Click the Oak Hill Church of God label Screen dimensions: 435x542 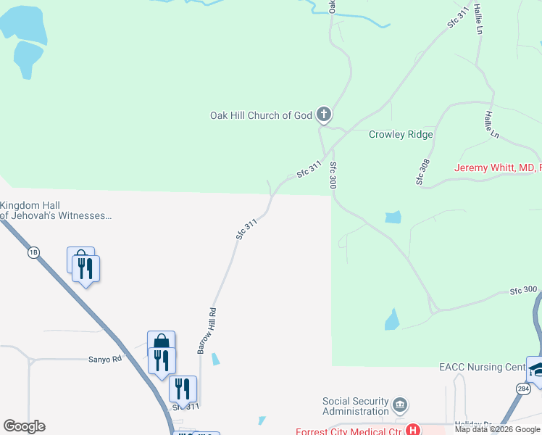coord(261,115)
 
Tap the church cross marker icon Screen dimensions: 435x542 coord(324,114)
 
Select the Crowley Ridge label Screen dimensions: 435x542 coord(401,134)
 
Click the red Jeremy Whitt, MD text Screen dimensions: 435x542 coord(497,168)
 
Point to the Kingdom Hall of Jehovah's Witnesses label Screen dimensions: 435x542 coord(57,210)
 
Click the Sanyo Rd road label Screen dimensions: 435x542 coord(105,359)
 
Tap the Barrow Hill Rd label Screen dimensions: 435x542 coord(207,331)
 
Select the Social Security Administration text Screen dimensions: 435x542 coord(356,406)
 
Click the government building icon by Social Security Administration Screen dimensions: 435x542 coord(399,405)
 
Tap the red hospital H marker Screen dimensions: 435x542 coord(412,429)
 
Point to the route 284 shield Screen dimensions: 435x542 coord(522,389)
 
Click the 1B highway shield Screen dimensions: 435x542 coord(33,252)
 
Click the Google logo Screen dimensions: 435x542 coord(24,426)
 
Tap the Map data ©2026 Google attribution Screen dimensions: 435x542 coord(497,429)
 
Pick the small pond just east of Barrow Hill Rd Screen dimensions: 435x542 coord(216,359)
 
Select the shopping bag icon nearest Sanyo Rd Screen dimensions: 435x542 coord(161,341)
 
